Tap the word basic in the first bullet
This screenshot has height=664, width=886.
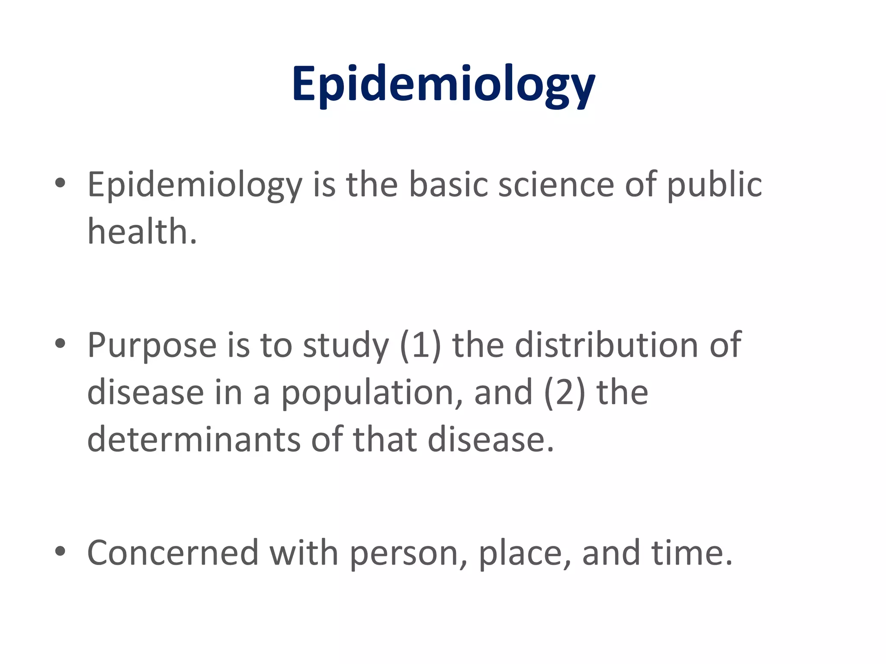tap(448, 185)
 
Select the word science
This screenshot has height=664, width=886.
tap(556, 185)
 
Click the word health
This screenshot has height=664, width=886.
tap(142, 231)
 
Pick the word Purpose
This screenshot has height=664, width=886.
tap(152, 346)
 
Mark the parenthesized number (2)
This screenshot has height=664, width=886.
tap(565, 393)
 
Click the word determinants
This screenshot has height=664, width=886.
tap(193, 439)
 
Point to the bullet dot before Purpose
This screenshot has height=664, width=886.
tap(60, 344)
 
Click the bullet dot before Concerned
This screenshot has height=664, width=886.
tap(60, 551)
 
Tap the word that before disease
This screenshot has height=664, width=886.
tap(385, 439)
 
